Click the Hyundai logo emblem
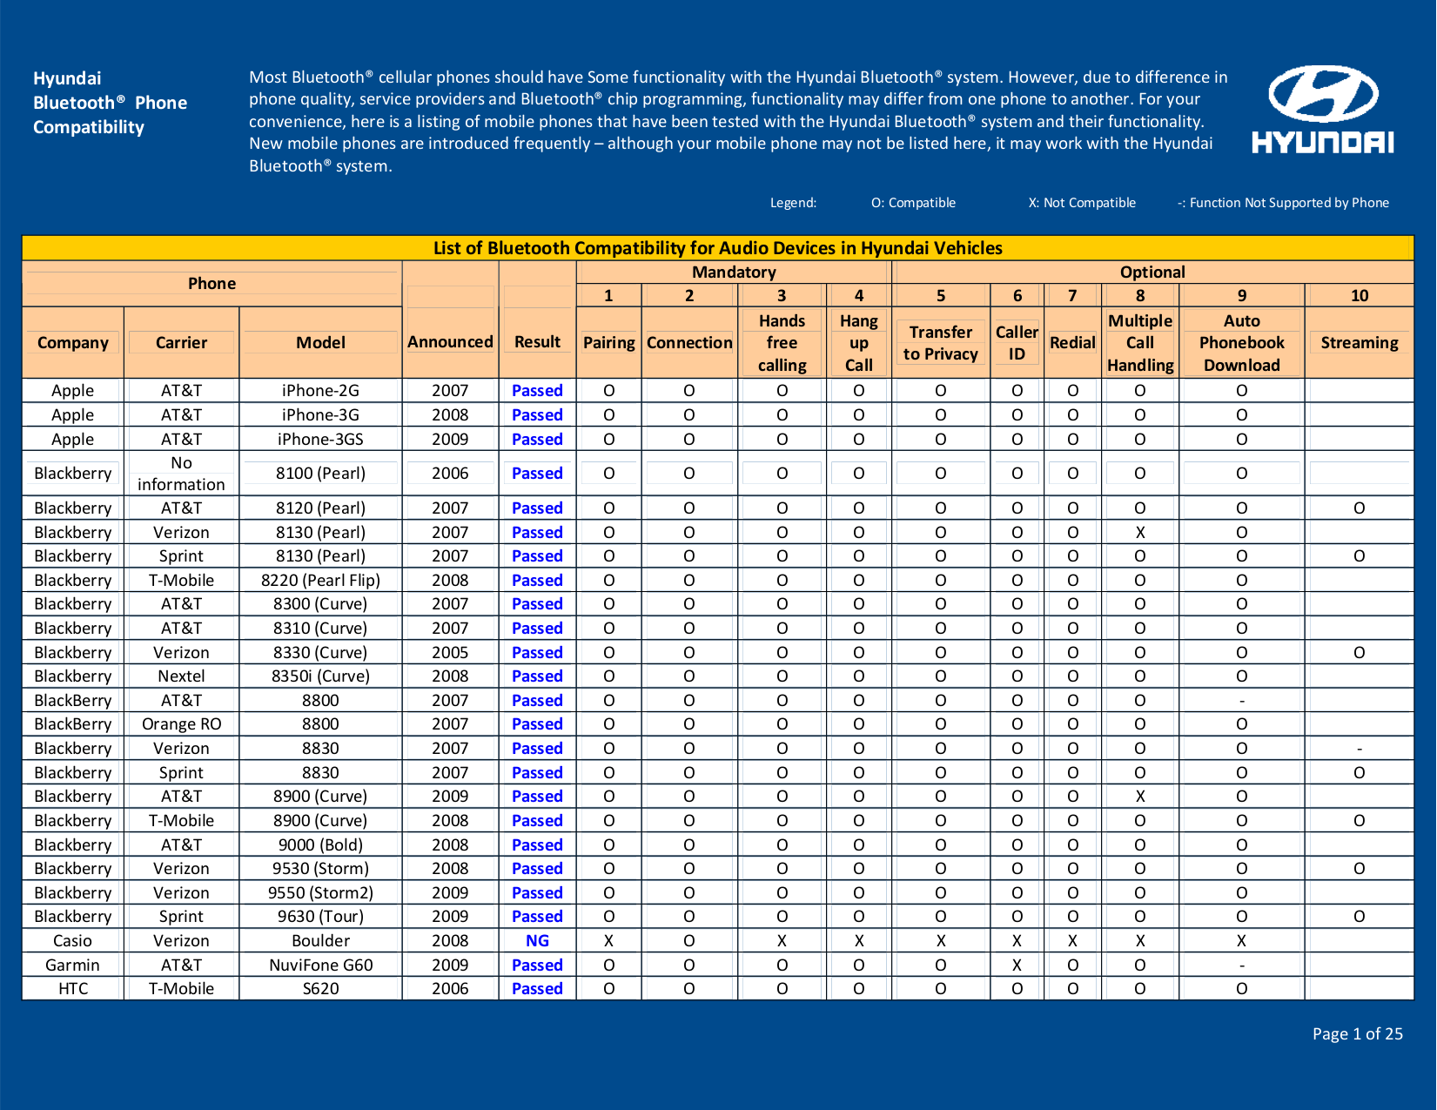tap(1322, 93)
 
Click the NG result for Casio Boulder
tap(537, 940)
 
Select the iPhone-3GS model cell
tap(320, 439)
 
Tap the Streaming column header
tap(1359, 342)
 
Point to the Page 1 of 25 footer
tap(1357, 1033)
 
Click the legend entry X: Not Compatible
tap(1082, 203)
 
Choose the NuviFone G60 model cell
tap(320, 965)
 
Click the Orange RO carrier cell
tap(181, 723)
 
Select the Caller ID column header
tap(1017, 342)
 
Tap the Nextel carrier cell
tap(181, 676)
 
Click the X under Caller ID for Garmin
tap(1017, 965)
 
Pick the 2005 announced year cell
tap(450, 652)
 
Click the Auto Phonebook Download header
tap(1241, 342)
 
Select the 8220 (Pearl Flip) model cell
tap(320, 580)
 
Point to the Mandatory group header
tap(734, 272)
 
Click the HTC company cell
tap(73, 988)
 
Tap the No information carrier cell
tap(181, 473)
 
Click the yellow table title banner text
tap(717, 248)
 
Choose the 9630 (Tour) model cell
tap(320, 916)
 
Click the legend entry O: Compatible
tap(913, 203)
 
